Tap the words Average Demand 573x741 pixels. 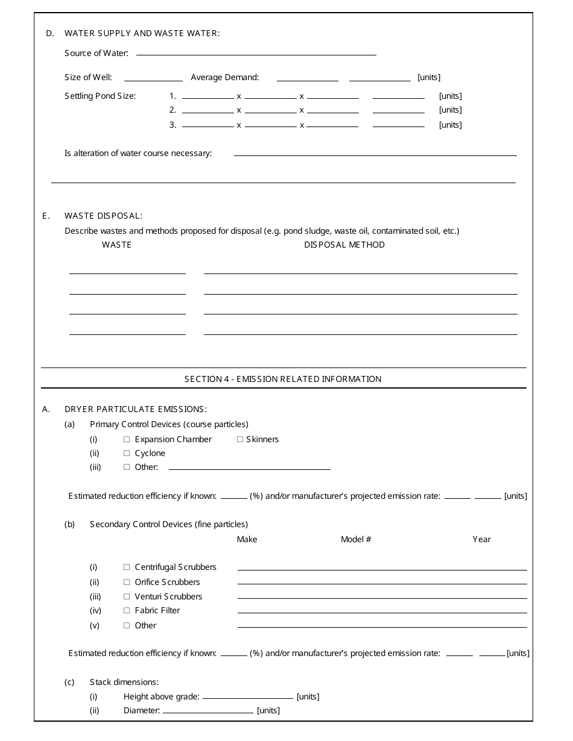click(225, 77)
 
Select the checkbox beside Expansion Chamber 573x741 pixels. click(127, 439)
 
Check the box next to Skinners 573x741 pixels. click(240, 439)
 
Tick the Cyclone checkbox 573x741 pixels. click(127, 453)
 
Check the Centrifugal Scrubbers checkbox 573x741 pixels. click(127, 567)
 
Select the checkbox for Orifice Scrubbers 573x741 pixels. click(127, 582)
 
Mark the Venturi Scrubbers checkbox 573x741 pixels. click(127, 596)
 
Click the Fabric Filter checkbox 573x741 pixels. click(127, 610)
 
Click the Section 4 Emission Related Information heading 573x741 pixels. click(283, 379)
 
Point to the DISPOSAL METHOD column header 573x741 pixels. click(344, 245)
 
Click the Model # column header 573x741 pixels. click(356, 539)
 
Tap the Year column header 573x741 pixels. click(481, 539)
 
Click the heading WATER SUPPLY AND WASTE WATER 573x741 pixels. click(142, 33)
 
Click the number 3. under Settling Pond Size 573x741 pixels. click(173, 125)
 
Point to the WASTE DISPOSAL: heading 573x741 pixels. click(103, 216)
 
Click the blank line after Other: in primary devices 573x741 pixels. click(250, 467)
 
